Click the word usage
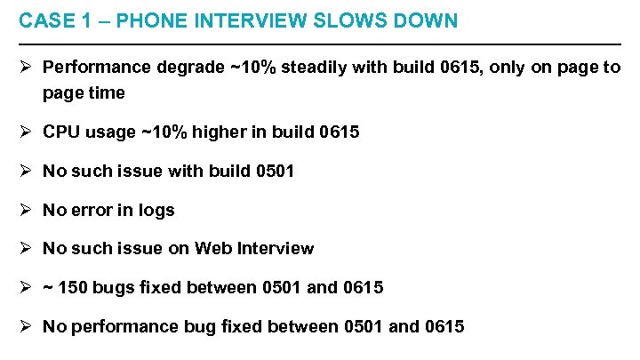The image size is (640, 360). [x=111, y=132]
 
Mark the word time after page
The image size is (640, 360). [x=107, y=92]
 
